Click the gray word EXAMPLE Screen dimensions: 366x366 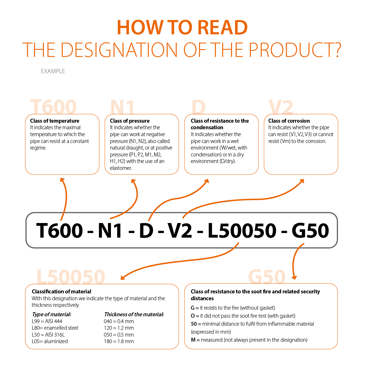tap(53, 71)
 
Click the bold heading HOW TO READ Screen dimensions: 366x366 tap(182, 27)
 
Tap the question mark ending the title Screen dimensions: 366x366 tap(337, 50)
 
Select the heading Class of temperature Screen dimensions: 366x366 tap(55, 121)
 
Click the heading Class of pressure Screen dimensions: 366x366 tap(130, 121)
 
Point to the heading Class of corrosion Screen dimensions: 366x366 tap(289, 121)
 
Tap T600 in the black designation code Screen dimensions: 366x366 tap(59, 230)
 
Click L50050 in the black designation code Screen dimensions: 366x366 tap(242, 230)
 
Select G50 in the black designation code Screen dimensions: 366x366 tap(310, 230)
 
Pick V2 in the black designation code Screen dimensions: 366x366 tap(180, 230)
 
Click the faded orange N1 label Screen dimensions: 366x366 tap(122, 107)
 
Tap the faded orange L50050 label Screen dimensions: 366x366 tap(71, 277)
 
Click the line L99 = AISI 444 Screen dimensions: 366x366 tap(47, 321)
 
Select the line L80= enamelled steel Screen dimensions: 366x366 tap(55, 328)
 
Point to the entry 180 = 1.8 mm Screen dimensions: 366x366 tap(119, 341)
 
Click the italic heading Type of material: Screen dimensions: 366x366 tap(51, 314)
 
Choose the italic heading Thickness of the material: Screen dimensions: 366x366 tap(134, 314)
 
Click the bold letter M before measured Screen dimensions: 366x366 tap(193, 340)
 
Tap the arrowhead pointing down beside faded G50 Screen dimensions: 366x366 tap(294, 277)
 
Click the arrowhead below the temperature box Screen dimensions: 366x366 tap(62, 180)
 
